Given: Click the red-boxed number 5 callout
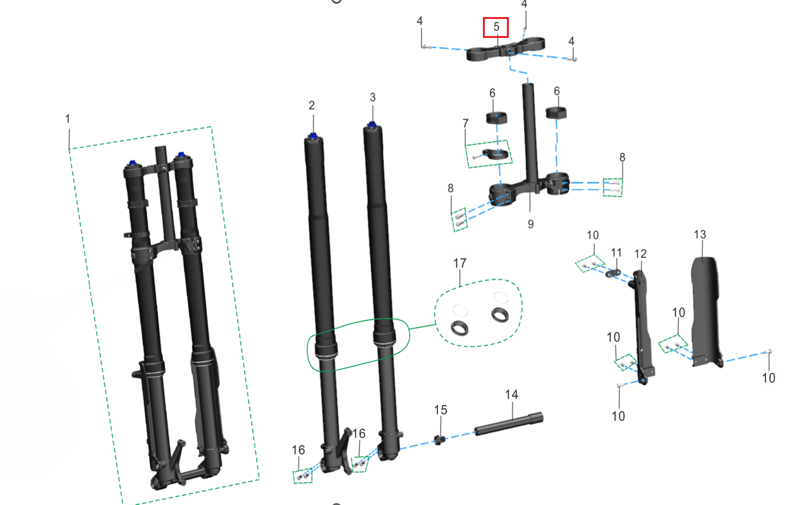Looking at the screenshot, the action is point(496,27).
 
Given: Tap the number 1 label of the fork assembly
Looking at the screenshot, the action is point(68,119).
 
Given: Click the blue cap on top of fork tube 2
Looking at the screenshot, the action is point(313,136).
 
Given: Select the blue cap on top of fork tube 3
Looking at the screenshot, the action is point(372,125).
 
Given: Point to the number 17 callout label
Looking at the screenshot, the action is point(459,264).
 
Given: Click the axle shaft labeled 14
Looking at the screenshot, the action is point(509,423).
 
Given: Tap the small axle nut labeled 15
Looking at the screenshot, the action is point(440,441).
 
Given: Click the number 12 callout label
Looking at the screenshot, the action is point(640,253).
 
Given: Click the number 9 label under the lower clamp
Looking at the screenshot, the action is point(530,224).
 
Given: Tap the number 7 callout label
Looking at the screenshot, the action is point(466,123).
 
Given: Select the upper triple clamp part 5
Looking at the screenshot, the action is point(506,49).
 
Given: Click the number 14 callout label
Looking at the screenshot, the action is point(512,394).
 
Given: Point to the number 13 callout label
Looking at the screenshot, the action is point(700,234).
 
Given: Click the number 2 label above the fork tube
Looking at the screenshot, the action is point(312,106).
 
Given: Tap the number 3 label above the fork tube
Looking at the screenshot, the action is point(372,97).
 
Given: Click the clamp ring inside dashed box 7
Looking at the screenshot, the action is point(494,154).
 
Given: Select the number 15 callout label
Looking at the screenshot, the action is point(441,410).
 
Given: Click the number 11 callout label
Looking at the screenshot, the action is point(616,253).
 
